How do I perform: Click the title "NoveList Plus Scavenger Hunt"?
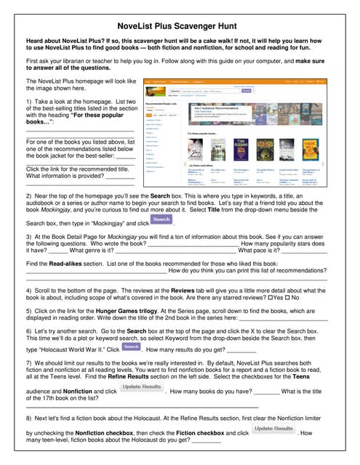click(x=180, y=23)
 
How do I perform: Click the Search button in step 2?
click(x=161, y=219)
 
